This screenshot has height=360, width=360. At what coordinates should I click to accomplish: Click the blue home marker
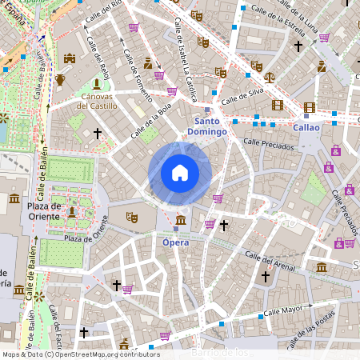coord(180,173)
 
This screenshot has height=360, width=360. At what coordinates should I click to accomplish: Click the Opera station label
coord(175,241)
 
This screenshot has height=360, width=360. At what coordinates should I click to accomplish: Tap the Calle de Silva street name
coord(243,97)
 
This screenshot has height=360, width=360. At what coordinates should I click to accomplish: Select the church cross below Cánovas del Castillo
coord(98,133)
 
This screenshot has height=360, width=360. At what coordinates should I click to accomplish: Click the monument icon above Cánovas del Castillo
coord(97,82)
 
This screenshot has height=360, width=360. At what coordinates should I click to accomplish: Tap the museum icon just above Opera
coord(181,220)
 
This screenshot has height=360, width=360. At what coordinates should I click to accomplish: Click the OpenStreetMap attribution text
coord(80,354)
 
